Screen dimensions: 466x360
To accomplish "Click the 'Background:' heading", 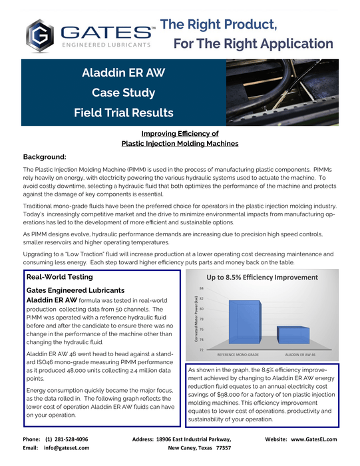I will click(x=45, y=157).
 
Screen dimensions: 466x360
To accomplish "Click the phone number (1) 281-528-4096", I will click(x=67, y=439).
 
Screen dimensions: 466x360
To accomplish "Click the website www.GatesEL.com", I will click(x=313, y=439).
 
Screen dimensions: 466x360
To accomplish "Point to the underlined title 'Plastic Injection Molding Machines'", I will click(x=180, y=143).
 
